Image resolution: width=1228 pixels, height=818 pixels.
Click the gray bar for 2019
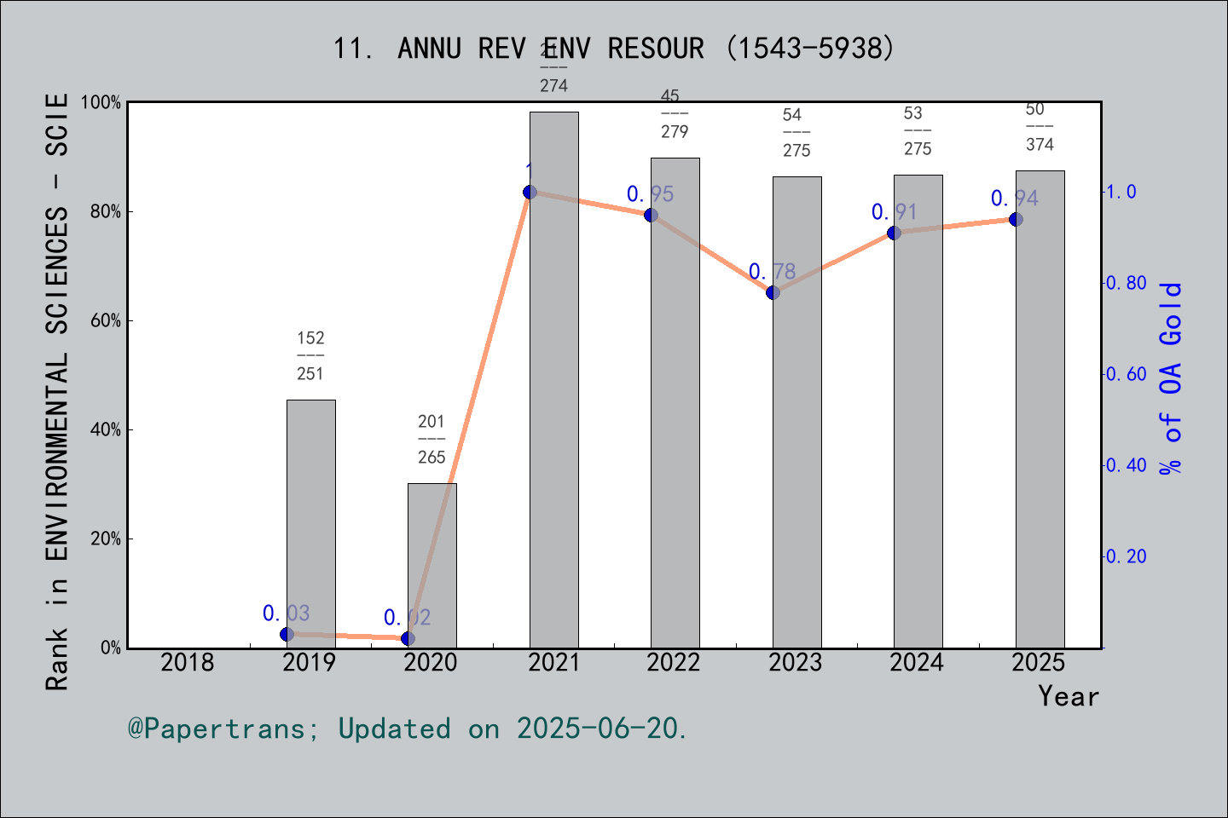tap(310, 523)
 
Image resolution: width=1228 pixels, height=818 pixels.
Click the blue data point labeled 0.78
tap(773, 292)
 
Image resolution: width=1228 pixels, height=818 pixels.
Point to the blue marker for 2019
tap(287, 634)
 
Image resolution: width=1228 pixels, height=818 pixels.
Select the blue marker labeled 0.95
tap(651, 215)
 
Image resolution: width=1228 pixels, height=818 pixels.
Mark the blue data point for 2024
tap(894, 233)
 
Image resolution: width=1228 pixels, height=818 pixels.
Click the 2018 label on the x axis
tap(188, 662)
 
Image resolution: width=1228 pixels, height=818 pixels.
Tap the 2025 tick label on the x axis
tap(1039, 662)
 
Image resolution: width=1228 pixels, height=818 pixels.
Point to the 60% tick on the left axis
tap(105, 320)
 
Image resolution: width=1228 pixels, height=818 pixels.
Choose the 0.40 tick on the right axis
tap(1126, 465)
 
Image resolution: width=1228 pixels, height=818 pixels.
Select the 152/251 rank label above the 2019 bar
tap(310, 355)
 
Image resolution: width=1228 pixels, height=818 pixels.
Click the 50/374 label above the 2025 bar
tap(1040, 127)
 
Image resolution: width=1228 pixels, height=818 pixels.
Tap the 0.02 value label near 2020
tap(407, 617)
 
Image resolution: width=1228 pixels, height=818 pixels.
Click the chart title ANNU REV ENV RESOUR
tap(613, 49)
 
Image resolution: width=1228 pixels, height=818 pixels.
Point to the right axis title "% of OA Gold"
tap(1170, 377)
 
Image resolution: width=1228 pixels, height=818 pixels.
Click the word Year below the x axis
tap(1068, 696)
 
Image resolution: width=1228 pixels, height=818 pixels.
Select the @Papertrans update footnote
tap(408, 729)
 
